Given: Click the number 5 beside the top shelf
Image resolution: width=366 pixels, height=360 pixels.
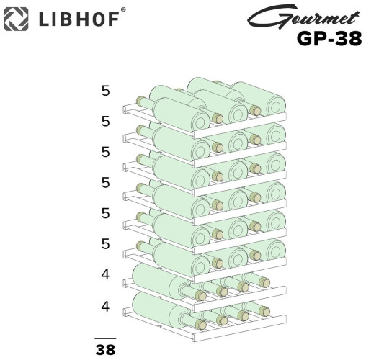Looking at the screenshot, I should point(106,91).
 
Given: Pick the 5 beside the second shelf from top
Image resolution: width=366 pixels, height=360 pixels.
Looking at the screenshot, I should point(106,122).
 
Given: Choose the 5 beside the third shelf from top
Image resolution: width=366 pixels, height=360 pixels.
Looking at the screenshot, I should point(106,153).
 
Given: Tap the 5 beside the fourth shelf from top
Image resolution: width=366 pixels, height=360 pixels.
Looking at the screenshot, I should point(106,183).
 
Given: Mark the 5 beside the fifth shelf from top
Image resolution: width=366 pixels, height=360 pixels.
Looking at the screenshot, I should point(106,214).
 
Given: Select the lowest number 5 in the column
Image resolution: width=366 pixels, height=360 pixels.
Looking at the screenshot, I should point(106,244).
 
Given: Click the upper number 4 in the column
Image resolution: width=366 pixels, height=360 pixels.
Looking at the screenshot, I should point(106,275).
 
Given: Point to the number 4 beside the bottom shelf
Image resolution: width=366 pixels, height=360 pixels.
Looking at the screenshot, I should point(106,306).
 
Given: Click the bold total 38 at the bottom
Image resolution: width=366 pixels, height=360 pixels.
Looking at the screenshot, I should point(106,350).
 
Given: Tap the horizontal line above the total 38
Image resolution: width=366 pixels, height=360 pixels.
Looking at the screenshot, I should point(106,338).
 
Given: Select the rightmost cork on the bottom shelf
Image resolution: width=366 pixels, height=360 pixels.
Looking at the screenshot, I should point(266,312).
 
